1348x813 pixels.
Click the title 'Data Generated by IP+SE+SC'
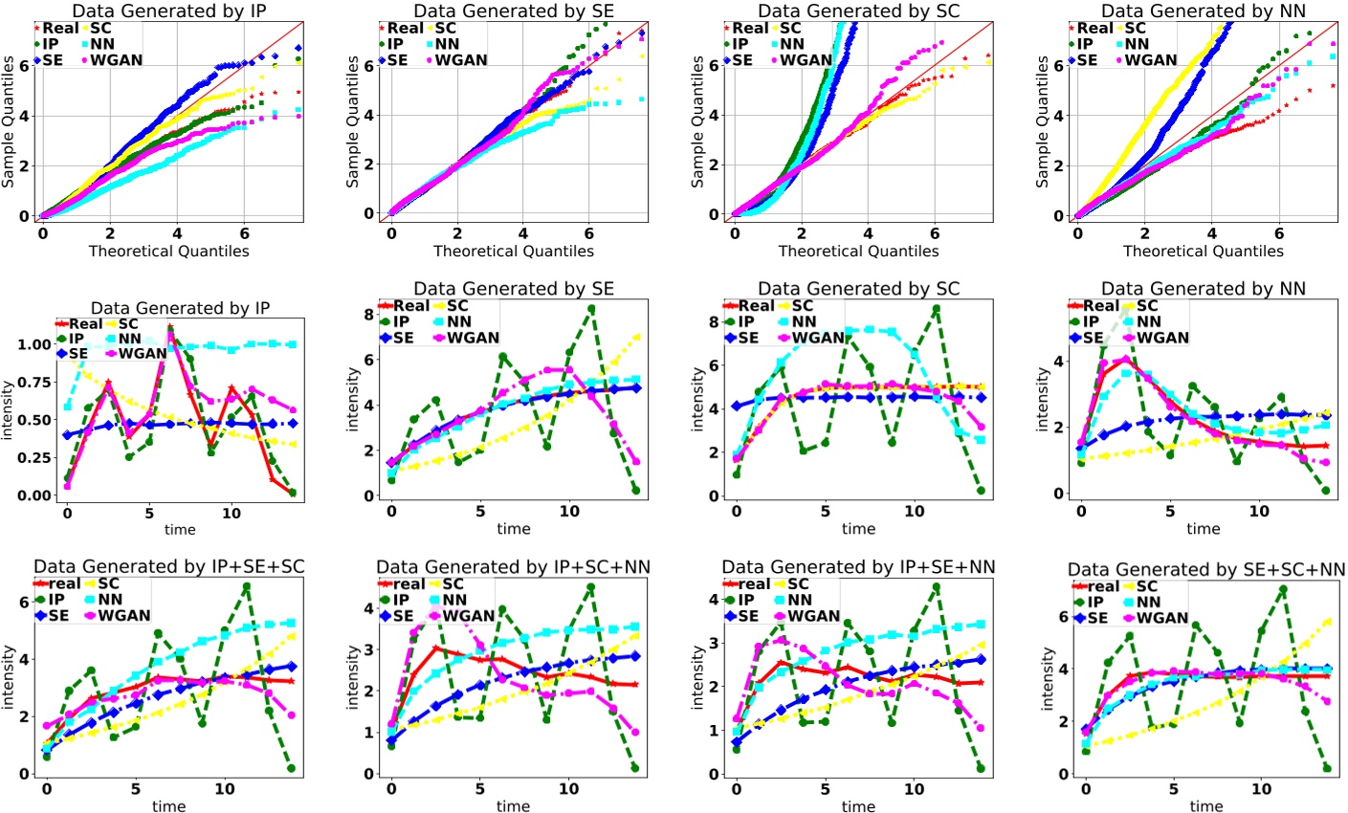(x=168, y=567)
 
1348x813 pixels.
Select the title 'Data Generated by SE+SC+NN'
(x=1206, y=571)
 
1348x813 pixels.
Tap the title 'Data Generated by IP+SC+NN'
(x=513, y=568)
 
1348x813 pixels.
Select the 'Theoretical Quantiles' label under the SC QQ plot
(x=858, y=251)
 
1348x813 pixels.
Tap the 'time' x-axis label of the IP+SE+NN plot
(x=858, y=806)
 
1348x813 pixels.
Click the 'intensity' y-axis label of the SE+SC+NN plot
(x=1047, y=676)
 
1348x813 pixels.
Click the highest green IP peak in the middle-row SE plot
(x=591, y=309)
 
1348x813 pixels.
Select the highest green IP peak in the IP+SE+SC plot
(x=247, y=585)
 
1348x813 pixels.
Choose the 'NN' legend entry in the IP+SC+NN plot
(x=454, y=600)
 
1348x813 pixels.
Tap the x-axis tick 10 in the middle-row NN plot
(x=1259, y=511)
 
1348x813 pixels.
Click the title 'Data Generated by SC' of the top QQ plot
(x=858, y=11)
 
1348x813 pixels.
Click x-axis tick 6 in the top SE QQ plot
(x=589, y=232)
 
